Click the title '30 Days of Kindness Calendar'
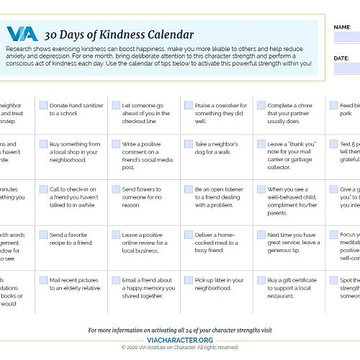point(109,35)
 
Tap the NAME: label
point(342,27)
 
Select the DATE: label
point(341,58)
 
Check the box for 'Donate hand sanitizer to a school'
point(43,105)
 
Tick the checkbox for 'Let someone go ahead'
point(116,105)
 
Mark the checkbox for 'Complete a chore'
point(261,105)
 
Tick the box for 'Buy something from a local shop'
point(43,144)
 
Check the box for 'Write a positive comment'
point(116,144)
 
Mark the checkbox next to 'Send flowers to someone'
point(116,189)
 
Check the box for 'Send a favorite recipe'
point(43,235)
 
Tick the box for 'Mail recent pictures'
point(43,280)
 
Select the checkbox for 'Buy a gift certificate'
point(261,280)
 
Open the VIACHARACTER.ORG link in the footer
point(179,339)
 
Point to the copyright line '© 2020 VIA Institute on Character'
point(179,347)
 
